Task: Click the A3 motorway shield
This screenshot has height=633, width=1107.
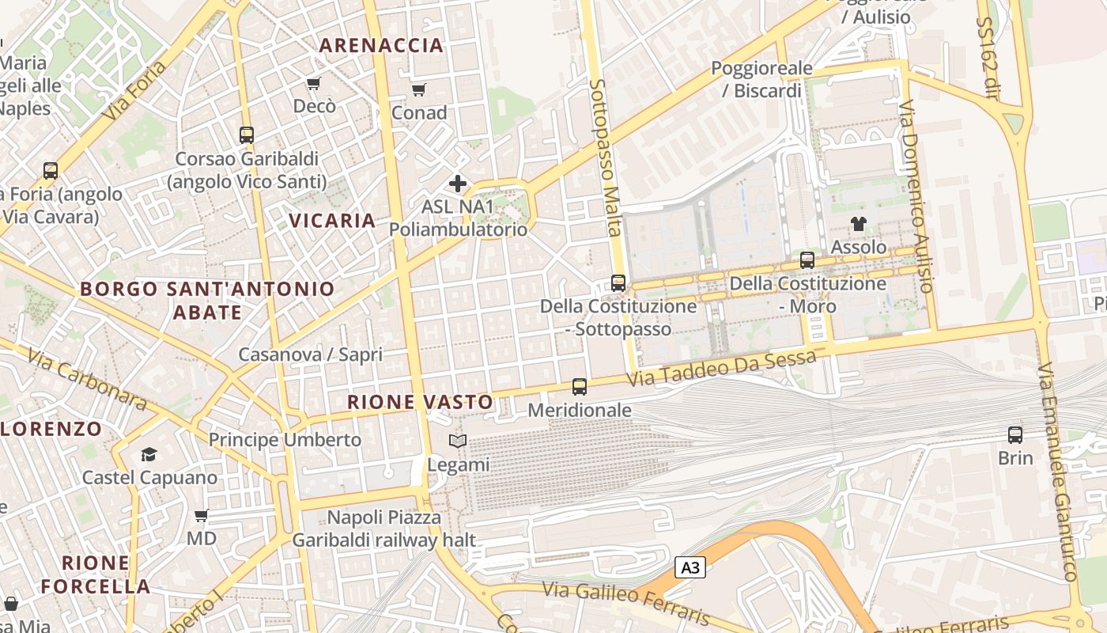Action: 690,567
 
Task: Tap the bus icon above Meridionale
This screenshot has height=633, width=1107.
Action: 580,387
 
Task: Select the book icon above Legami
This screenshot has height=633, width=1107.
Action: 458,441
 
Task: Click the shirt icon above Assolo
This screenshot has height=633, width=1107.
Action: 859,224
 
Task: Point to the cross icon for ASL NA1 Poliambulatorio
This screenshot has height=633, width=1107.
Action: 457,184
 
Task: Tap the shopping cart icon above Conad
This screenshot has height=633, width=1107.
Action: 419,89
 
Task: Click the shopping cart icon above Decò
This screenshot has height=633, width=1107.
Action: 314,83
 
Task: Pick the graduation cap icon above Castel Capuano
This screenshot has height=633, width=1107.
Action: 149,454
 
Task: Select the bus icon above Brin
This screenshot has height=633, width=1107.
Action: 1015,434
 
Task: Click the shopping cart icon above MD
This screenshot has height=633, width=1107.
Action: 202,515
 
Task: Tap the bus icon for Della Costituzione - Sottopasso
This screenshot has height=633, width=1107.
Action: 618,282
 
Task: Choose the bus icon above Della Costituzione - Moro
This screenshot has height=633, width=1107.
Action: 807,260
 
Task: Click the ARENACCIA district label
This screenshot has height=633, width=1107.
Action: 381,46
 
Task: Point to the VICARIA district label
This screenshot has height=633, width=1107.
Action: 332,221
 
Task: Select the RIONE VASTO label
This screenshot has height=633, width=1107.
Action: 420,402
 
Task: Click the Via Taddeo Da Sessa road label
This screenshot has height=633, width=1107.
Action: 721,369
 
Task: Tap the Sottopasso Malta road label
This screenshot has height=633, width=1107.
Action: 605,157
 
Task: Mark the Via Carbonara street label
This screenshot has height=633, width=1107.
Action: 87,380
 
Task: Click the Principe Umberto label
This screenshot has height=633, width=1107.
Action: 285,440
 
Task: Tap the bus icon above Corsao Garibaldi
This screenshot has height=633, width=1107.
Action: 247,135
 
